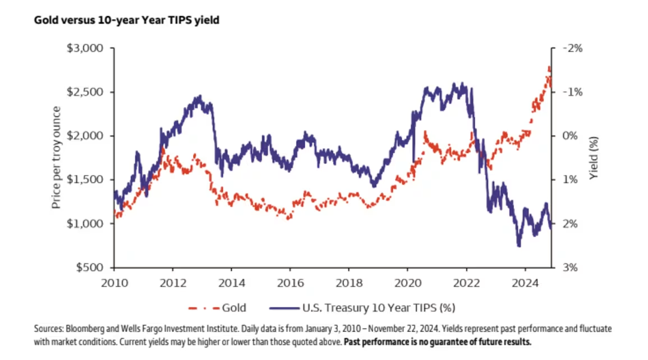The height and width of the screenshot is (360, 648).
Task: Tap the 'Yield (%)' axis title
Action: (594, 158)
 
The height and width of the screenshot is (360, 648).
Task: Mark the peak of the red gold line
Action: (549, 67)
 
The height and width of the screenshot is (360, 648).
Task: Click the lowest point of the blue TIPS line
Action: (518, 245)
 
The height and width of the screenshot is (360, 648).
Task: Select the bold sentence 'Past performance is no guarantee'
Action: (437, 341)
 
